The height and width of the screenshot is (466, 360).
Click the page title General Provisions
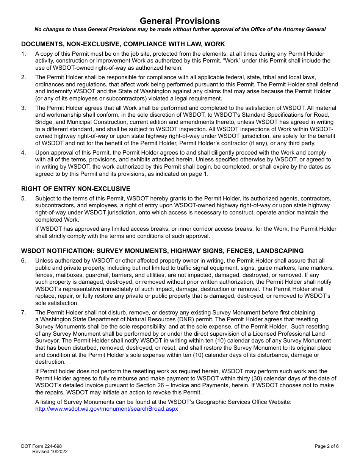click(180, 21)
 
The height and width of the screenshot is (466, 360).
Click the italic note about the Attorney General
click(180, 29)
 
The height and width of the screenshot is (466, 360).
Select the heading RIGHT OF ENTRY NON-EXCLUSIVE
click(76, 189)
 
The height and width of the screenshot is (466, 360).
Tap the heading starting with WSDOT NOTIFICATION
click(162, 251)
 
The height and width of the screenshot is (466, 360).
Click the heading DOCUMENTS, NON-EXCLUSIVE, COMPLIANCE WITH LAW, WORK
click(123, 44)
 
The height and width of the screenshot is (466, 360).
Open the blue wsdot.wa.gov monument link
click(106, 409)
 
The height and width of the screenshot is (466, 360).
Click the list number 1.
click(23, 54)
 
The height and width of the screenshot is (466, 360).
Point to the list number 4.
click(23, 153)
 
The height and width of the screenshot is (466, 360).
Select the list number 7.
click(23, 313)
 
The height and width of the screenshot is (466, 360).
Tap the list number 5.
click(23, 199)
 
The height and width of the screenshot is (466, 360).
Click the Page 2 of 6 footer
click(326, 446)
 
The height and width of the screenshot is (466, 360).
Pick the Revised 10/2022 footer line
click(50, 452)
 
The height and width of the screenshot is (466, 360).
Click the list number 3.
click(23, 108)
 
